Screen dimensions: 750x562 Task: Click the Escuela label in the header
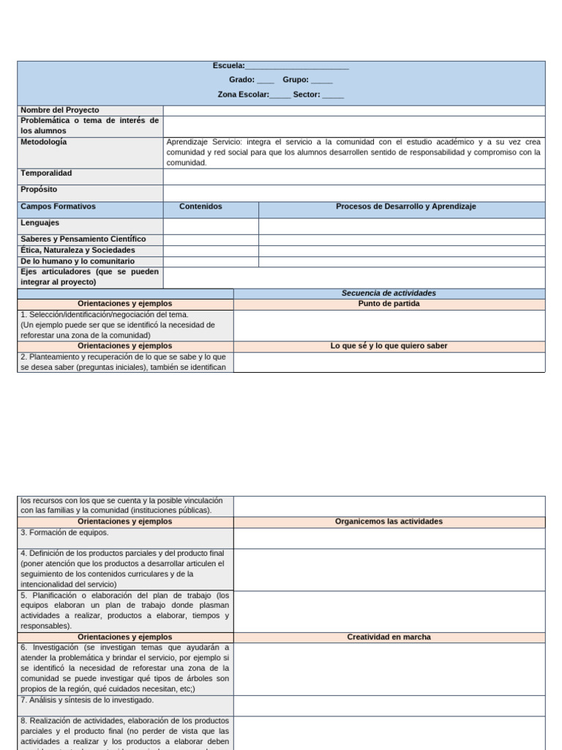coord(228,67)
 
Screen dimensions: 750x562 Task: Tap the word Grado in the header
coord(241,81)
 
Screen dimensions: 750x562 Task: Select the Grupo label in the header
coord(296,81)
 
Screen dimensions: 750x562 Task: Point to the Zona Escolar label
coord(243,94)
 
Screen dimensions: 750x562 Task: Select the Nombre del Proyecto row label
coord(60,110)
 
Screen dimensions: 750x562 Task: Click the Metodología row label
coord(44,142)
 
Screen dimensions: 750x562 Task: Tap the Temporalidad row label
coord(46,174)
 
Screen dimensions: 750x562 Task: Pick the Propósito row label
coord(39,190)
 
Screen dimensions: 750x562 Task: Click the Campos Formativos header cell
coord(59,207)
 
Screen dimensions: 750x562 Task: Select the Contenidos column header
coord(201,207)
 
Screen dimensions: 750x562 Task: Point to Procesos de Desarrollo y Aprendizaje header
coord(405,207)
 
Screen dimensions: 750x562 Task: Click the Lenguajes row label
coord(40,223)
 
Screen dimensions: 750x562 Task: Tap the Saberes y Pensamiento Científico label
coord(83,239)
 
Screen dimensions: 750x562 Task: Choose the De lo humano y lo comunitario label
coord(78,261)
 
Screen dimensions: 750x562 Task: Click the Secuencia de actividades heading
coord(389,293)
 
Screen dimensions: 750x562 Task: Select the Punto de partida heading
coord(389,303)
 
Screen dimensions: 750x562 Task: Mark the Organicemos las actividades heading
coord(389,521)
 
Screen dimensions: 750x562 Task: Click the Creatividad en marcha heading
coord(389,637)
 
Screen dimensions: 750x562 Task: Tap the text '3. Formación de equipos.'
coord(64,532)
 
